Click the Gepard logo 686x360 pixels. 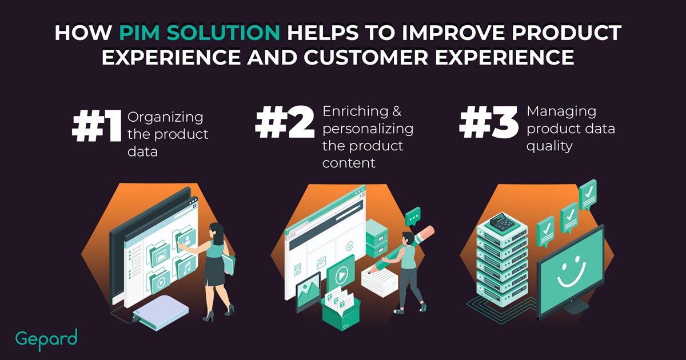click(46, 339)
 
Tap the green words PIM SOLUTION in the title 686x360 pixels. click(200, 33)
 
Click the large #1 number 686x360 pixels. click(97, 126)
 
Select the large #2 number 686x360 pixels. click(285, 122)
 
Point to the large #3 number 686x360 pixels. click(489, 122)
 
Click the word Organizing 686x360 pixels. click(165, 118)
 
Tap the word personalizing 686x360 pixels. click(368, 129)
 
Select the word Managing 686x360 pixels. click(561, 111)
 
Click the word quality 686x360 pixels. click(549, 146)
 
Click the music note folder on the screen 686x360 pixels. click(185, 267)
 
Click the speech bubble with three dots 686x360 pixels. click(413, 217)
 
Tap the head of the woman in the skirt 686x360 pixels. click(217, 231)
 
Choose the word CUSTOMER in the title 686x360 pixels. click(366, 57)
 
